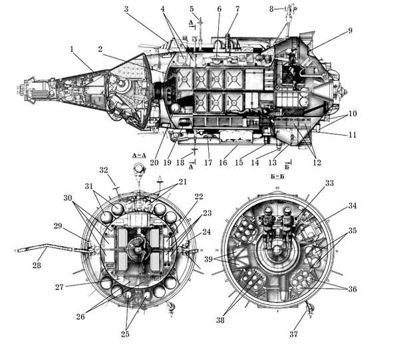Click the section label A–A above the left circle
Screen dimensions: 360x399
point(139,156)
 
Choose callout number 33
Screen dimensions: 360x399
point(329,182)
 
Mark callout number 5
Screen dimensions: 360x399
point(192,9)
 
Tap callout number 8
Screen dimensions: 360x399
point(271,9)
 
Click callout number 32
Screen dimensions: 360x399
point(104,170)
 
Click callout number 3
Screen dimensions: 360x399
point(126,9)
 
